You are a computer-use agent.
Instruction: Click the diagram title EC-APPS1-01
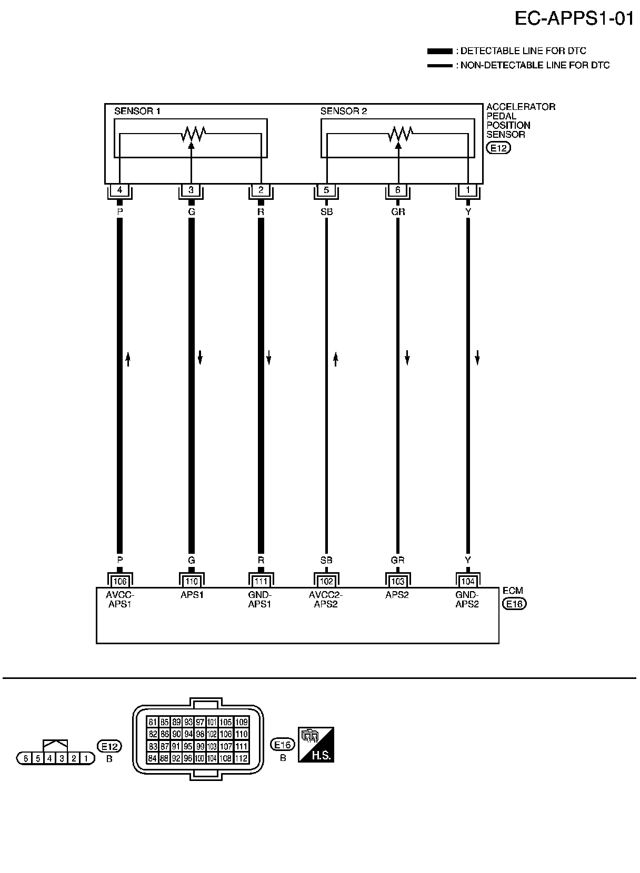573,19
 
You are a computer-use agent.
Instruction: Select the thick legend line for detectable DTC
439,51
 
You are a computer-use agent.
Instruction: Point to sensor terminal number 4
120,190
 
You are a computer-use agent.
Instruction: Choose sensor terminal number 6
398,190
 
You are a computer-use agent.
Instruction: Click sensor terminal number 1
468,190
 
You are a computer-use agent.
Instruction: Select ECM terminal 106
120,581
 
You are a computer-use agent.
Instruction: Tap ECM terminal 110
192,581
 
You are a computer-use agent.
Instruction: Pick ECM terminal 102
326,581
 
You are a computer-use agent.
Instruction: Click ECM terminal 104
468,581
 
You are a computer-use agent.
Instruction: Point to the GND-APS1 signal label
259,600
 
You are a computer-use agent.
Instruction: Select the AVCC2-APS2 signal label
326,600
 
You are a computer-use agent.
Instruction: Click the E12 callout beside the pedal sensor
498,148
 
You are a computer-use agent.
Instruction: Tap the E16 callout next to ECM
514,604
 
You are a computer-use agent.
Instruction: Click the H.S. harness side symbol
316,745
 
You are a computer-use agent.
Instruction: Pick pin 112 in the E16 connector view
241,758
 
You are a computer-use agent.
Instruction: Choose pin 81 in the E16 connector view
153,722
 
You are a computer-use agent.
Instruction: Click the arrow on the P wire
127,359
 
